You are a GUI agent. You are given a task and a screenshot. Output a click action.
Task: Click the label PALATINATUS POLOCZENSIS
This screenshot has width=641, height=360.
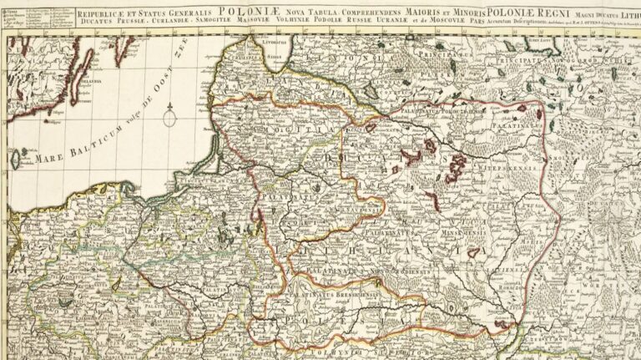(x=400, y=129)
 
